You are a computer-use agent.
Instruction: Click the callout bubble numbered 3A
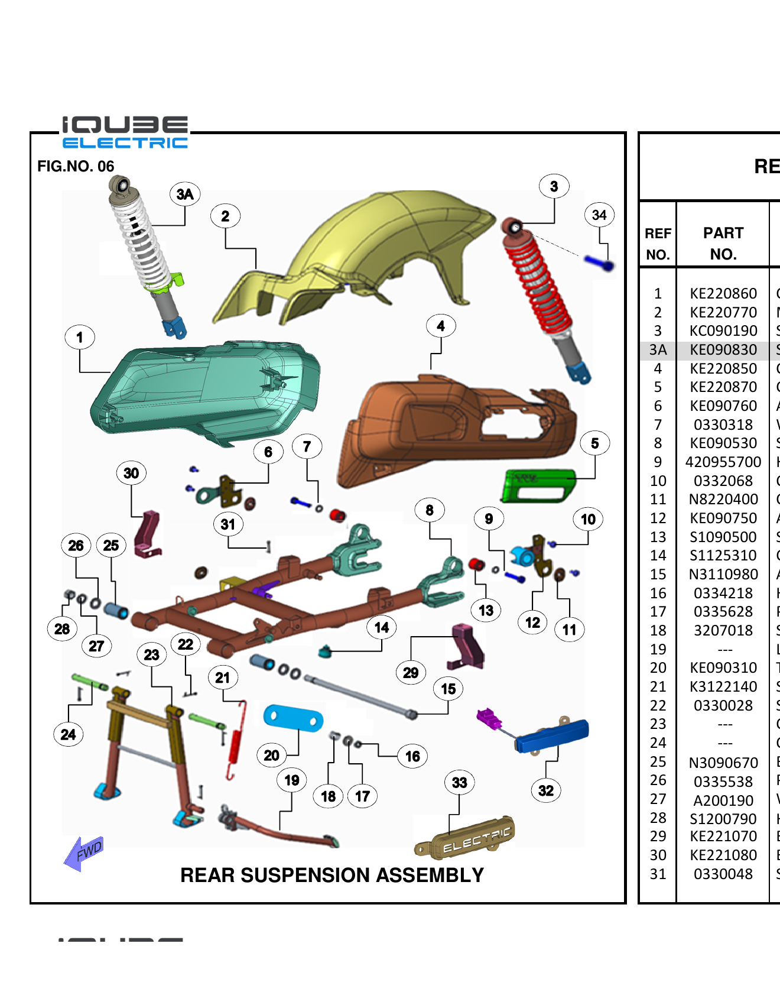click(x=185, y=194)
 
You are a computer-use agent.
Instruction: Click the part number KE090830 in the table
click(x=723, y=350)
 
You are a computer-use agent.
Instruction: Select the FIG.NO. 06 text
click(x=76, y=166)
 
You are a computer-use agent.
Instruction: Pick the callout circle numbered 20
click(x=271, y=755)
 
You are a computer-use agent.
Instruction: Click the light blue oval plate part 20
click(x=293, y=718)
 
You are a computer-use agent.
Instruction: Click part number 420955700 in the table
click(x=723, y=462)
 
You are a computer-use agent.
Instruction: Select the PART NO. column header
click(x=723, y=243)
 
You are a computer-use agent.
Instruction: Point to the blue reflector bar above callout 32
click(x=552, y=736)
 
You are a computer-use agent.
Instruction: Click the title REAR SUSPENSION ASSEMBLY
click(x=331, y=875)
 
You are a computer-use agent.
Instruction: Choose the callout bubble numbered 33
click(x=459, y=782)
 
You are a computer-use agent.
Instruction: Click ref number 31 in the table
click(x=658, y=874)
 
